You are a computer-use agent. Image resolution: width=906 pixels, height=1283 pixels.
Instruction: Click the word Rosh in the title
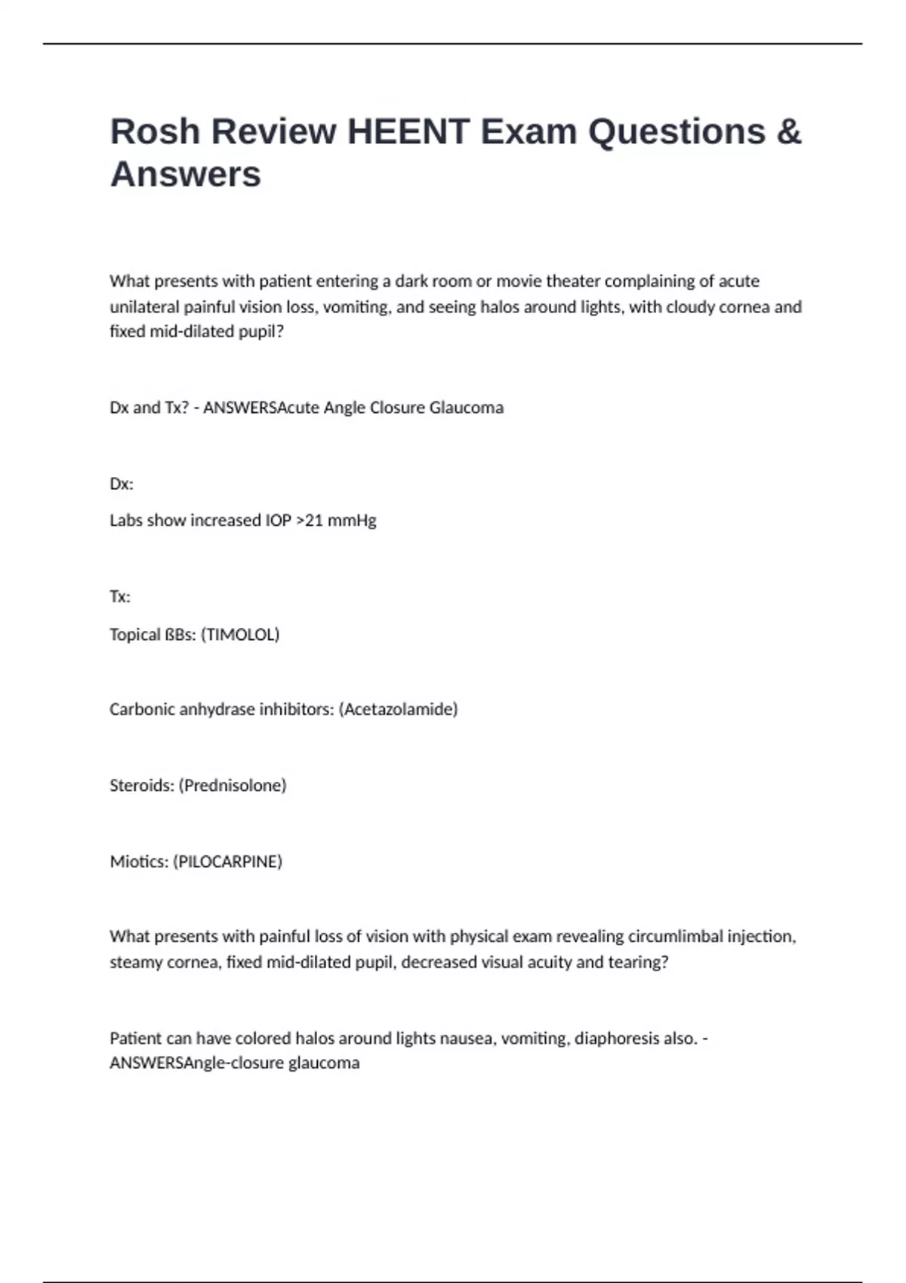[x=155, y=131]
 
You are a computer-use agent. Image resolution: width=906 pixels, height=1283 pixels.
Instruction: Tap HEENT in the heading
[x=408, y=131]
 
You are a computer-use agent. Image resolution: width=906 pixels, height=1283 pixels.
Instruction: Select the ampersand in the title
[x=788, y=131]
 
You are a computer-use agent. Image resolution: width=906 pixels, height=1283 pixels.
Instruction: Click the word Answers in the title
[x=186, y=174]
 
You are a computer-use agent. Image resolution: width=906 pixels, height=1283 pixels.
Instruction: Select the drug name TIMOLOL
[x=242, y=634]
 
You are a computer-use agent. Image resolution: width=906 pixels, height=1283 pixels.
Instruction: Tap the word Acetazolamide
[x=399, y=709]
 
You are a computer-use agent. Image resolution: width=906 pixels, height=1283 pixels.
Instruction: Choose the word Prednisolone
[x=233, y=785]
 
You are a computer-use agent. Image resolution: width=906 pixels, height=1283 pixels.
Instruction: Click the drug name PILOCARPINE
[x=228, y=861]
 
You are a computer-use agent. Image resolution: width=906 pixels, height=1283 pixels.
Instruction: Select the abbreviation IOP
[x=278, y=521]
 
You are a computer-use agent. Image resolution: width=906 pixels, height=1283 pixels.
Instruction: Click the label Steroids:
[x=141, y=785]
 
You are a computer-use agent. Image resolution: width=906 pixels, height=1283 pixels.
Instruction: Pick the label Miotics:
[x=139, y=861]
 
